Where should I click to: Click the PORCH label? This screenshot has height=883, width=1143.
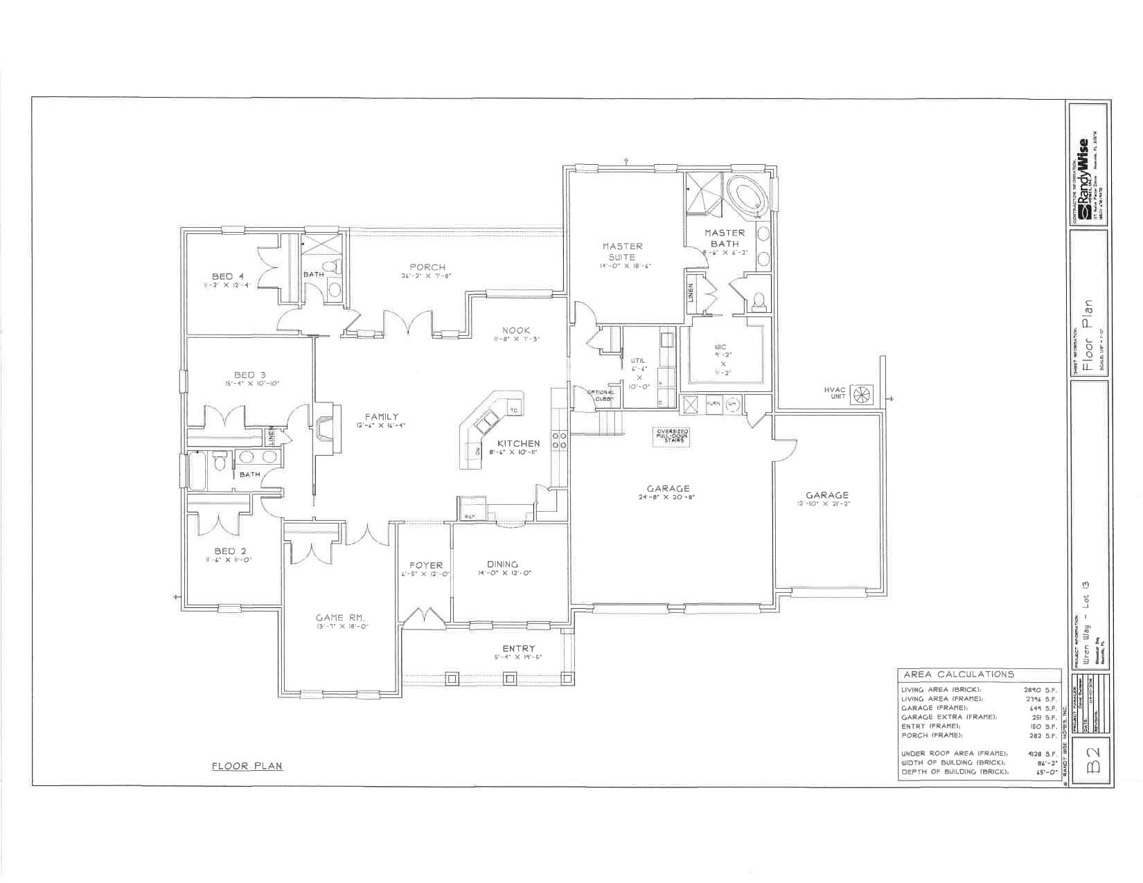click(427, 267)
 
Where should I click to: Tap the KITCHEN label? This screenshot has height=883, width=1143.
click(517, 443)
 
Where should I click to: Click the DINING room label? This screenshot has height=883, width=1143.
click(502, 564)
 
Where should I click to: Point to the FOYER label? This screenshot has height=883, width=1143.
click(425, 565)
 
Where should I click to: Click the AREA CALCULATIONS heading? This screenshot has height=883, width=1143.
click(958, 674)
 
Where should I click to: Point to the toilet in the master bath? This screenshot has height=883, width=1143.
click(759, 301)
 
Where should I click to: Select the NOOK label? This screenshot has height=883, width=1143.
click(515, 330)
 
